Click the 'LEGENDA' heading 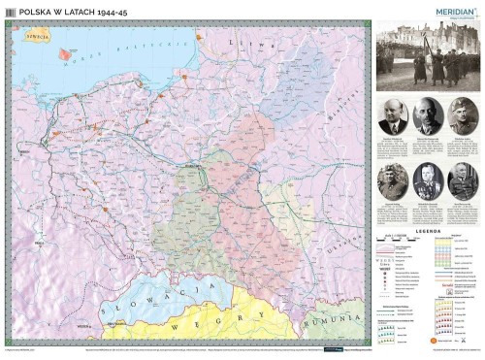[x=428, y=232]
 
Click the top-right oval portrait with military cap [x=463, y=115]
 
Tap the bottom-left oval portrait [x=392, y=180]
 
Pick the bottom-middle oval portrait [x=428, y=180]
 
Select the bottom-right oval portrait [x=463, y=180]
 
